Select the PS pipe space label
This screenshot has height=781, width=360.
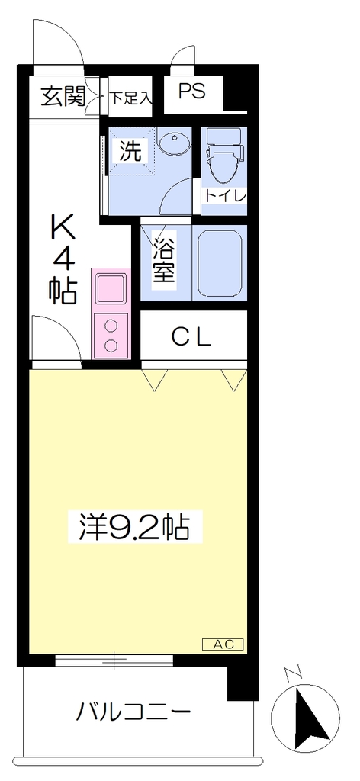(x=192, y=92)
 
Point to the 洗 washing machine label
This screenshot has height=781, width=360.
(x=130, y=152)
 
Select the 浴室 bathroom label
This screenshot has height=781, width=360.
(x=164, y=259)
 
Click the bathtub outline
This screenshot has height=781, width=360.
(x=220, y=263)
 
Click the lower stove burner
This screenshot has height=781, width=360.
(x=111, y=344)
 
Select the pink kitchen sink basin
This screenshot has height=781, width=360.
(x=111, y=288)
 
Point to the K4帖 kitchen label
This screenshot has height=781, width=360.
(x=63, y=259)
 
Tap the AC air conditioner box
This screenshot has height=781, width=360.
(x=222, y=644)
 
